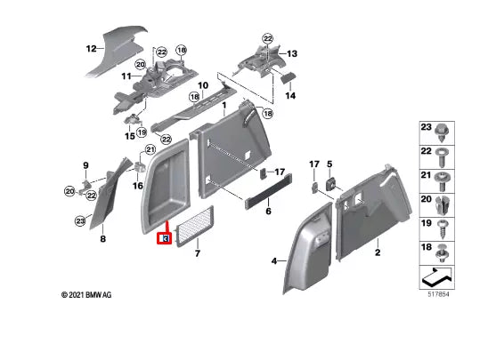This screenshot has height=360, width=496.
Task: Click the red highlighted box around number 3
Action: (164, 237)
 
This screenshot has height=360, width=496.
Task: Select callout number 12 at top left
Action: (90, 50)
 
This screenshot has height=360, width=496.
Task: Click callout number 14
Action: (289, 95)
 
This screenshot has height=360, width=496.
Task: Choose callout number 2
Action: (377, 253)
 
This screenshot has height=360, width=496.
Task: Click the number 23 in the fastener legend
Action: (426, 130)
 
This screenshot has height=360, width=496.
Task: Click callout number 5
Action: (329, 164)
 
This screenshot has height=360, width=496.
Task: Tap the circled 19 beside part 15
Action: (142, 132)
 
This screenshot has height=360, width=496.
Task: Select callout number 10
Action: (202, 86)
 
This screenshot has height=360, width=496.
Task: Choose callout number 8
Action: (102, 239)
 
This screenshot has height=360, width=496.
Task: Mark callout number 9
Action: (86, 165)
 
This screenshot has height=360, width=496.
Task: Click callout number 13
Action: (291, 53)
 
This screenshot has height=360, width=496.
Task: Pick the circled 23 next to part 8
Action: (80, 221)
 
